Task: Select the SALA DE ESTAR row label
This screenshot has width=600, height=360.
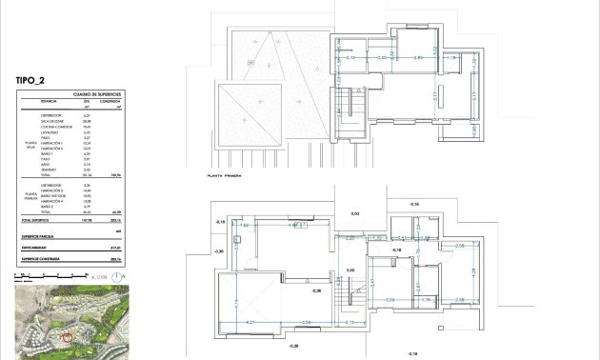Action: tap(52, 121)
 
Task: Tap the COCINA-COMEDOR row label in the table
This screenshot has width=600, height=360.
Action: tap(55, 127)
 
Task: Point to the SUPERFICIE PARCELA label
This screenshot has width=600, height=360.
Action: tap(40, 234)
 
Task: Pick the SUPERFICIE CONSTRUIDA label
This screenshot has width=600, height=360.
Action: tap(41, 258)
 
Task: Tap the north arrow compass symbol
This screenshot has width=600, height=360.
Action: tap(116, 277)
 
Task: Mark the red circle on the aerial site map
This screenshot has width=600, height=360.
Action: tap(67, 337)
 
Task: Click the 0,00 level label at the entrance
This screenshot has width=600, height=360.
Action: tap(355, 214)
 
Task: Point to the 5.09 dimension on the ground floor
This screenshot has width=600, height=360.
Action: tap(390, 299)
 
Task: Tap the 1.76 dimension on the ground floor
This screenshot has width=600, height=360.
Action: tap(428, 299)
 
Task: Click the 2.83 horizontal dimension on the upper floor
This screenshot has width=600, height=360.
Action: tap(417, 59)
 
